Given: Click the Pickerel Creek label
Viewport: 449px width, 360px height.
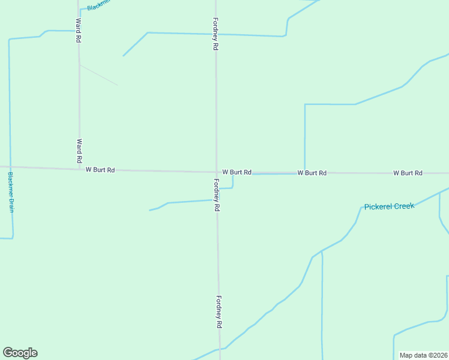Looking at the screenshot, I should coord(389,206).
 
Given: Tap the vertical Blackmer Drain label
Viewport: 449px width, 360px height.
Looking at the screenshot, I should coord(11,192).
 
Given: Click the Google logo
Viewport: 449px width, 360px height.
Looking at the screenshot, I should coord(20,353).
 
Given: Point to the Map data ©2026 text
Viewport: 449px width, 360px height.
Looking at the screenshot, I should coord(423,355).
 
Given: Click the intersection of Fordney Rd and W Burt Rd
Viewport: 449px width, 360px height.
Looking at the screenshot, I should coord(217,172).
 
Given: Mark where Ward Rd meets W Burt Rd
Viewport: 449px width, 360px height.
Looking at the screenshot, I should coord(79,169).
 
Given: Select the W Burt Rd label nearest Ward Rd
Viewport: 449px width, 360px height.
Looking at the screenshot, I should coord(100,170).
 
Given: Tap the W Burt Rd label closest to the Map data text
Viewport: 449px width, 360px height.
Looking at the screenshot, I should coord(408,173).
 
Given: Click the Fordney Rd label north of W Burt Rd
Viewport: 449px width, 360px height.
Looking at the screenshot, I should coord(215,33).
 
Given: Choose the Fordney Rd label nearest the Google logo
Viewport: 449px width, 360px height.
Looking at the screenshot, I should coord(220,312).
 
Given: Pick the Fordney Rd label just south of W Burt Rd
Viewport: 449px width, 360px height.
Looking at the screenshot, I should coord(217,195).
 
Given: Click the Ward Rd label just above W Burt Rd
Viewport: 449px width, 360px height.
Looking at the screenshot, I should coord(79,151).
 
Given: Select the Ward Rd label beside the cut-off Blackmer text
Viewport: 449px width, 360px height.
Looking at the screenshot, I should coord(78,29).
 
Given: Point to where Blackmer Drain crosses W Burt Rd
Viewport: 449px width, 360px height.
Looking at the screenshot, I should coord(10,167).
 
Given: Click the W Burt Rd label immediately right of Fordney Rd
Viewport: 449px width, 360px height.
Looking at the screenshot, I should coord(237,172).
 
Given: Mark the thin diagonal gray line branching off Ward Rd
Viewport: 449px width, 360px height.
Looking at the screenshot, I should coord(98,75).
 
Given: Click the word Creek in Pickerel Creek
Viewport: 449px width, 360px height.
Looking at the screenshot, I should coord(402,206).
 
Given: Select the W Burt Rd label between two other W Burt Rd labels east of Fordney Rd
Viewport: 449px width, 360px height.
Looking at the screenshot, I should coord(312,173).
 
